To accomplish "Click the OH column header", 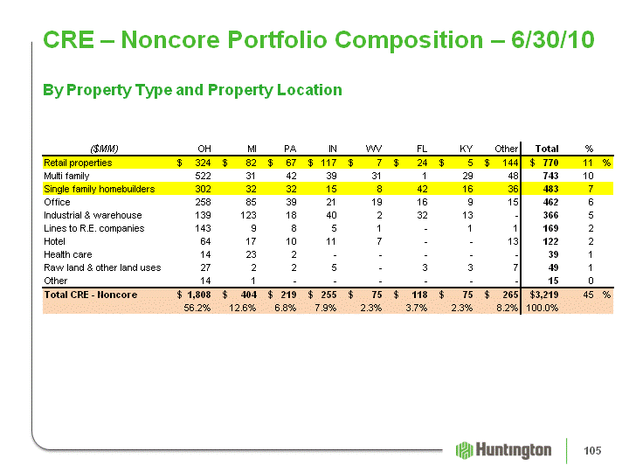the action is pyautogui.click(x=204, y=149).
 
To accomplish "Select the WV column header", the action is pyautogui.click(x=374, y=149).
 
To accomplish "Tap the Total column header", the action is pyautogui.click(x=547, y=149).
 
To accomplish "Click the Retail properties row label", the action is pyautogui.click(x=78, y=163).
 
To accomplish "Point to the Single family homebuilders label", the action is pyautogui.click(x=99, y=189).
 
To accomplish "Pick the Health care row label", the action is pyautogui.click(x=68, y=254).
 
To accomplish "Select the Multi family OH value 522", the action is pyautogui.click(x=203, y=176).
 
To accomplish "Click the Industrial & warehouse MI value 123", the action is pyautogui.click(x=248, y=215).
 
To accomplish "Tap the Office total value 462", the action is pyautogui.click(x=550, y=202).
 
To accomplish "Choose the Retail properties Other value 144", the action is pyautogui.click(x=510, y=163).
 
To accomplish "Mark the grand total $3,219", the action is pyautogui.click(x=544, y=295).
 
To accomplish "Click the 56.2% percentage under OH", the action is pyautogui.click(x=197, y=308).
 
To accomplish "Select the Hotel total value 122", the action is pyautogui.click(x=550, y=241).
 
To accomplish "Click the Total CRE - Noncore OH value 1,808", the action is pyautogui.click(x=199, y=295).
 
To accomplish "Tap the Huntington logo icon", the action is pyautogui.click(x=465, y=450).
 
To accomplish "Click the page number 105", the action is pyautogui.click(x=592, y=451).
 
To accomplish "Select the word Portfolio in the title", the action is pyautogui.click(x=277, y=39).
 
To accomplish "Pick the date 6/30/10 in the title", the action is pyautogui.click(x=552, y=39).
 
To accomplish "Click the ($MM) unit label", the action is pyautogui.click(x=104, y=149).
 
